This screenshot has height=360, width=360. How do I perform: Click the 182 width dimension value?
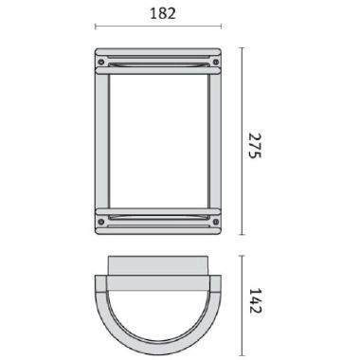tap(163, 13)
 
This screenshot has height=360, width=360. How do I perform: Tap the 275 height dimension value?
tap(255, 146)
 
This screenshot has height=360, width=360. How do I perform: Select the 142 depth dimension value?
tap(255, 300)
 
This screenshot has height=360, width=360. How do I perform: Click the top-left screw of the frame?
tap(101, 62)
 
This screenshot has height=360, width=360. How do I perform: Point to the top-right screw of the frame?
tap(216, 62)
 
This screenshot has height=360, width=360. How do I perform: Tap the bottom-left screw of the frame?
tap(101, 222)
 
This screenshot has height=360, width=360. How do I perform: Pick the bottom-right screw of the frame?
tap(216, 222)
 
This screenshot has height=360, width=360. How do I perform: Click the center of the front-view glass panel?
tap(159, 141)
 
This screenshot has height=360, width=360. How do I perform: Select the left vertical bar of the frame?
tap(102, 141)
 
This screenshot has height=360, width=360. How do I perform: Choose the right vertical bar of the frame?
tap(215, 141)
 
